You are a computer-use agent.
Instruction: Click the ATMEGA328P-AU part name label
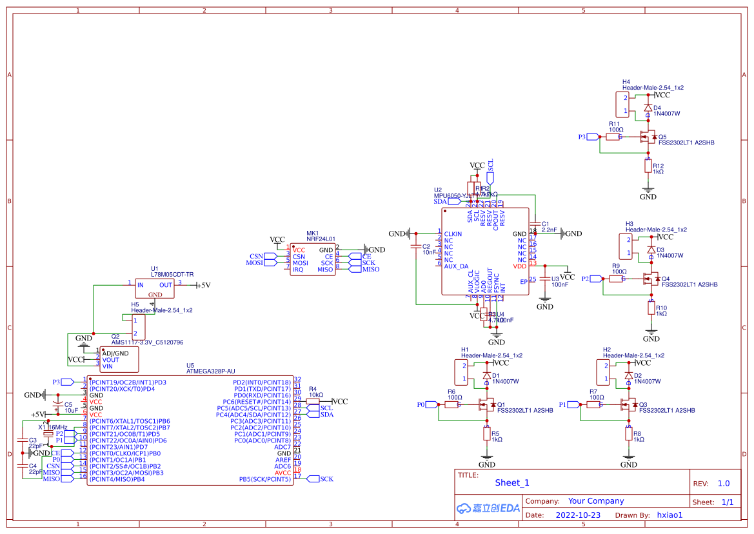210,371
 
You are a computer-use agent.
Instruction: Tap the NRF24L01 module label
321,239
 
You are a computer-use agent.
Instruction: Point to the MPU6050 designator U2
438,190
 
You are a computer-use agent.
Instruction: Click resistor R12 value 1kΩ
658,172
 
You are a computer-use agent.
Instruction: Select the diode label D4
657,108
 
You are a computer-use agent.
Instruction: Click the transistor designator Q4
666,279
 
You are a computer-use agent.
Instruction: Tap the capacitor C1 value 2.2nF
550,230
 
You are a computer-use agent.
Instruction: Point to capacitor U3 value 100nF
560,284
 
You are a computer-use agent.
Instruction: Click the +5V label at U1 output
203,285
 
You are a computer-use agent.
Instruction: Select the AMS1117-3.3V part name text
147,342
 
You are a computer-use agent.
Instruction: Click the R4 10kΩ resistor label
316,395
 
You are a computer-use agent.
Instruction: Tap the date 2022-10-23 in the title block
578,515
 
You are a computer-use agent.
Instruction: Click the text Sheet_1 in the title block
512,482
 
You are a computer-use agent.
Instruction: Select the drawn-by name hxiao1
670,515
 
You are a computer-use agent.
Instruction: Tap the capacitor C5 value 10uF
71,410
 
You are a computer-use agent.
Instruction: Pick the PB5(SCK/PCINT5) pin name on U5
264,479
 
